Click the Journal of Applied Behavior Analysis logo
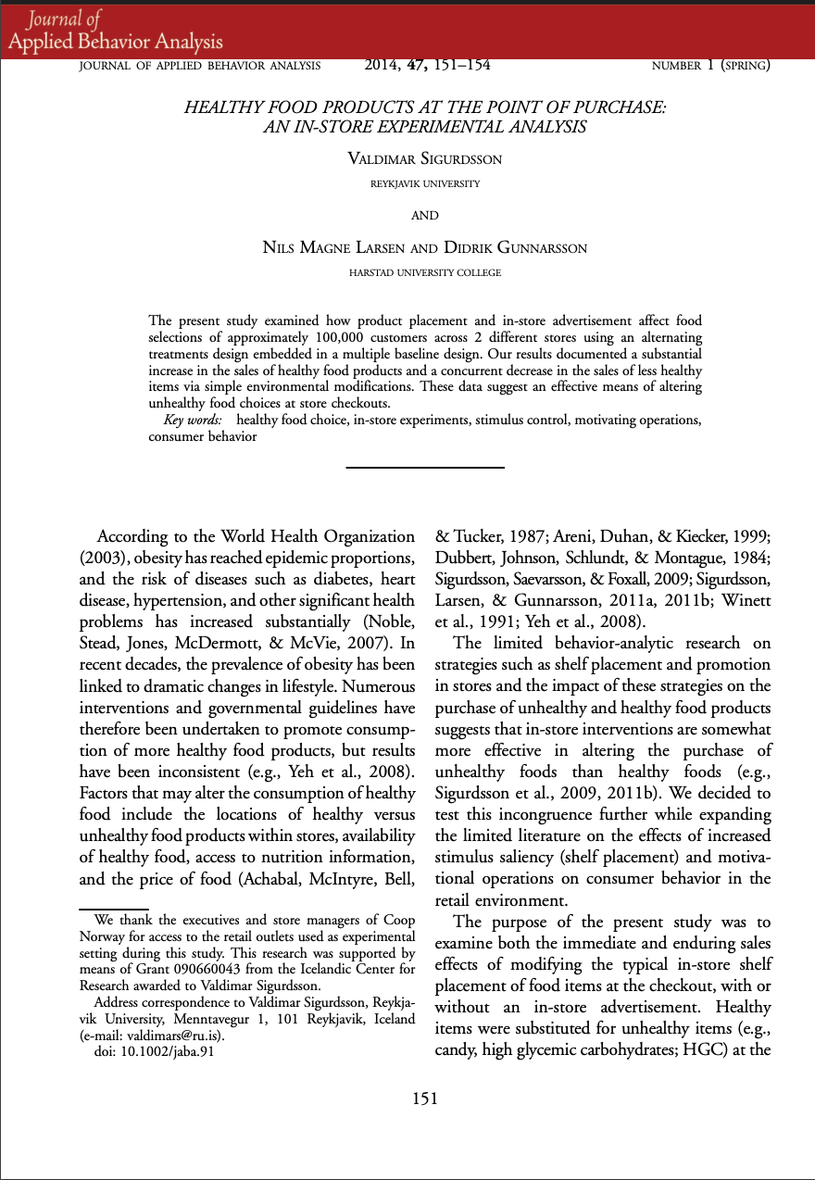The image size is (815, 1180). coord(116,31)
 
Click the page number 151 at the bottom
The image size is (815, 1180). coord(424,1098)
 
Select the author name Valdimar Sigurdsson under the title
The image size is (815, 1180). coord(424,159)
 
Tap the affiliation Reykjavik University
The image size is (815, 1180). coord(425,184)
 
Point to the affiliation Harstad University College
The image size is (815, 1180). coord(425,273)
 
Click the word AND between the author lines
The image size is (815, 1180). coord(424,216)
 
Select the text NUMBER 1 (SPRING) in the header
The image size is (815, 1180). coord(711,65)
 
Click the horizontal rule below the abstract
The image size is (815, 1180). coord(424,468)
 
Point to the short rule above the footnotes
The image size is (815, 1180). coord(114,910)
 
